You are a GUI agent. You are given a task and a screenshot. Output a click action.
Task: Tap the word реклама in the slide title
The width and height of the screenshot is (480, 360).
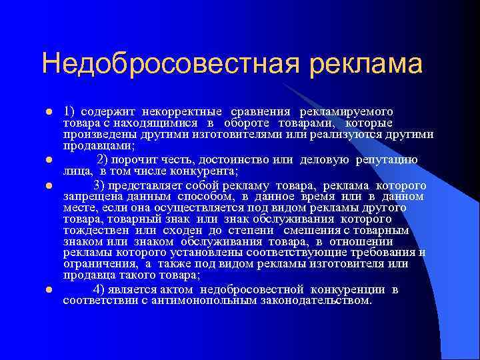click(365, 65)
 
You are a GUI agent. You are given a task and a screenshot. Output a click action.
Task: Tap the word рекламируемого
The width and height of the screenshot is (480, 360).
click(346, 111)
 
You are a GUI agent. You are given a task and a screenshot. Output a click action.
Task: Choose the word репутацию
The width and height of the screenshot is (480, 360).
click(388, 160)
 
